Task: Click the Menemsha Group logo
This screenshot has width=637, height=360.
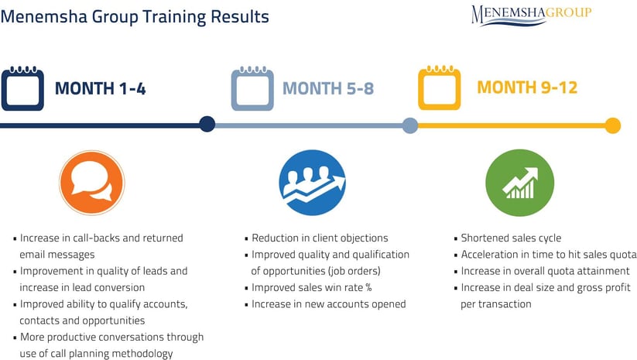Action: pyautogui.click(x=532, y=15)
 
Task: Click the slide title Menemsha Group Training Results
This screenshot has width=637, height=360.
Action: pyautogui.click(x=135, y=17)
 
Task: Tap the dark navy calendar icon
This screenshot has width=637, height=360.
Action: pyautogui.click(x=22, y=88)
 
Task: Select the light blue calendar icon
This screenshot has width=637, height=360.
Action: pyautogui.click(x=252, y=88)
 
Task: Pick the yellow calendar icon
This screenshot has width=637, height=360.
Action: pyautogui.click(x=440, y=87)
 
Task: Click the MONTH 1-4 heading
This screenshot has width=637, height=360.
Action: pyautogui.click(x=101, y=88)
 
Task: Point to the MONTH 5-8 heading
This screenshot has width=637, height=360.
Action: pyautogui.click(x=328, y=88)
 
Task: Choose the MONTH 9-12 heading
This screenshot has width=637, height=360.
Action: pyautogui.click(x=527, y=87)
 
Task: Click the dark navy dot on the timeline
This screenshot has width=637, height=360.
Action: pyautogui.click(x=207, y=124)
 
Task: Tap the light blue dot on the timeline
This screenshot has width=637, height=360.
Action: pyautogui.click(x=410, y=125)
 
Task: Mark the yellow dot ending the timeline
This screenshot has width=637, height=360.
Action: pyautogui.click(x=613, y=125)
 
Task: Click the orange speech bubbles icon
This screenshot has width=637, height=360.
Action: pyautogui.click(x=92, y=183)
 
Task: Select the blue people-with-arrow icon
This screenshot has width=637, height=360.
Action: pyautogui.click(x=312, y=183)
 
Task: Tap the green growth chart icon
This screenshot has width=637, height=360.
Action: pyautogui.click(x=519, y=183)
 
